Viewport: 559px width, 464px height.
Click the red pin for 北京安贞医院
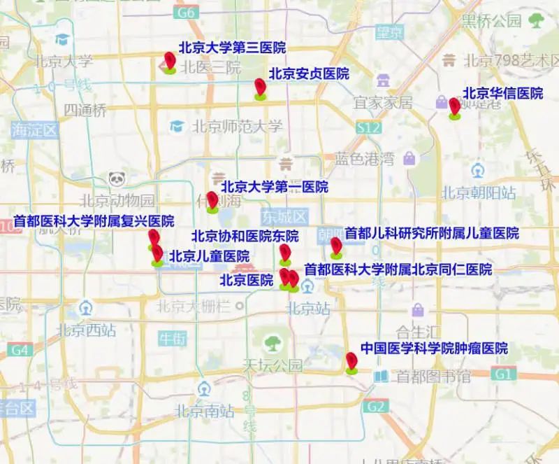261,87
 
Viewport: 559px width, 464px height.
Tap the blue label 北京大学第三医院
232,48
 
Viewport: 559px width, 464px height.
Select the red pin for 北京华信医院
454,106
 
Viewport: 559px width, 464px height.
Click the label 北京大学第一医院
274,187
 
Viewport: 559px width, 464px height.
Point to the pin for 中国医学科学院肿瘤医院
351,361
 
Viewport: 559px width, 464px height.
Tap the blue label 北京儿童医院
209,256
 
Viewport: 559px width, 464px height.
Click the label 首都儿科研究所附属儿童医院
432,233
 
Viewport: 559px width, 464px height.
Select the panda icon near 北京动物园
116,180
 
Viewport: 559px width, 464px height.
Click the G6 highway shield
186,13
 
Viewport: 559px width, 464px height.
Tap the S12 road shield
368,128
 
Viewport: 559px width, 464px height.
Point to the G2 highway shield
376,406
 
